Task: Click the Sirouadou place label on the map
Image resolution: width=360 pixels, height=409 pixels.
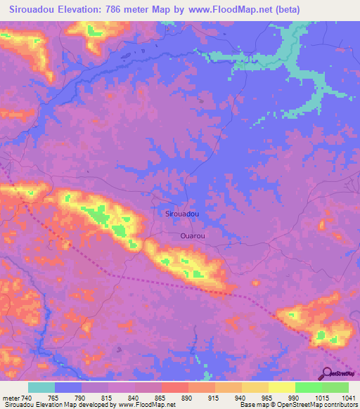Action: (x=181, y=213)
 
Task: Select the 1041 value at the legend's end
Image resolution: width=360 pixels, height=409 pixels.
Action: (x=347, y=397)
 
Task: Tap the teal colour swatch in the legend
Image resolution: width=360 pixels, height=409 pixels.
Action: (x=41, y=387)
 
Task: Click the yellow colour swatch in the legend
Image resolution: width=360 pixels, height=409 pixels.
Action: (x=281, y=387)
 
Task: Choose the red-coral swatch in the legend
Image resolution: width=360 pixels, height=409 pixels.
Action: (x=174, y=387)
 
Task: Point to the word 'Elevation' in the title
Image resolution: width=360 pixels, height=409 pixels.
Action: (x=82, y=10)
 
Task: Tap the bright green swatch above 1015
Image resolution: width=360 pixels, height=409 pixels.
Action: (x=308, y=387)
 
